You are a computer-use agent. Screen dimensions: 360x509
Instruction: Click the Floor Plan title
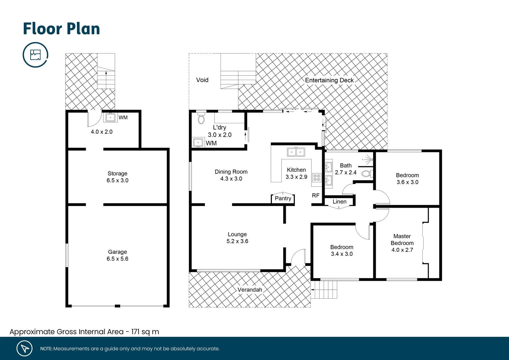coord(61,29)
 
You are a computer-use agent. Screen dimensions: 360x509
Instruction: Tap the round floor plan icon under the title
coord(35,55)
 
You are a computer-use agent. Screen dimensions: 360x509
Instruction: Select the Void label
coord(202,80)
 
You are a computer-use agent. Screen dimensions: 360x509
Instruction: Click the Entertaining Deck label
coord(329,80)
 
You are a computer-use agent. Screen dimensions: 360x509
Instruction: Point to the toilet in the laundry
coord(201,118)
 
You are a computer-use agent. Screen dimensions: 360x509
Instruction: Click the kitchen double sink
coord(296,152)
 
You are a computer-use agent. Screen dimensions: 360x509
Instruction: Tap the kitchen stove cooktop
coord(316,178)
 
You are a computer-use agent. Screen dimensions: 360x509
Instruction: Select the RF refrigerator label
coord(315,196)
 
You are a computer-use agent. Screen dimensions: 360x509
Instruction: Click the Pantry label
coord(283,198)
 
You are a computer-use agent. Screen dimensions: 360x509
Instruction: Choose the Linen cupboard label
coord(339,202)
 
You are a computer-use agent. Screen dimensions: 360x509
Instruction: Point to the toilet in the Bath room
coord(366,174)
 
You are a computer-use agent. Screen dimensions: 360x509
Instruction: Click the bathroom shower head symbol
coord(368,160)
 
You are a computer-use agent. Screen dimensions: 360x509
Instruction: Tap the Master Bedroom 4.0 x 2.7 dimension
coord(402,250)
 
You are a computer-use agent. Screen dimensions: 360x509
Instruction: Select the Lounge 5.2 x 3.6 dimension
coord(237,241)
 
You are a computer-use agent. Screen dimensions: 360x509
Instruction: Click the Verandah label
coord(250,290)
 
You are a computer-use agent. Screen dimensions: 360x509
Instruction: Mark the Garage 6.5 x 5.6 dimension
coord(117,259)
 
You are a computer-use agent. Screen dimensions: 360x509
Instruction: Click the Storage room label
coord(117,173)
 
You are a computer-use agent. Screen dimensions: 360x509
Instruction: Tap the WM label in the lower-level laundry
coord(123,118)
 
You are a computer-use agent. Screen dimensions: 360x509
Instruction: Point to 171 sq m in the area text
coord(145,332)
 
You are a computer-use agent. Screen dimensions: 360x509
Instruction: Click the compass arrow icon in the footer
coord(25,348)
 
